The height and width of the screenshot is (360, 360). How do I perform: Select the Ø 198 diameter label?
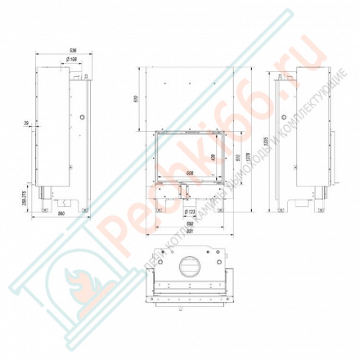(70, 60)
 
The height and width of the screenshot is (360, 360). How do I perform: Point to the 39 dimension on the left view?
(27, 124)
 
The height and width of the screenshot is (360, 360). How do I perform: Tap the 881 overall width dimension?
(188, 232)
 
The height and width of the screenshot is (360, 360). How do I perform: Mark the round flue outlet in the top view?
(187, 266)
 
